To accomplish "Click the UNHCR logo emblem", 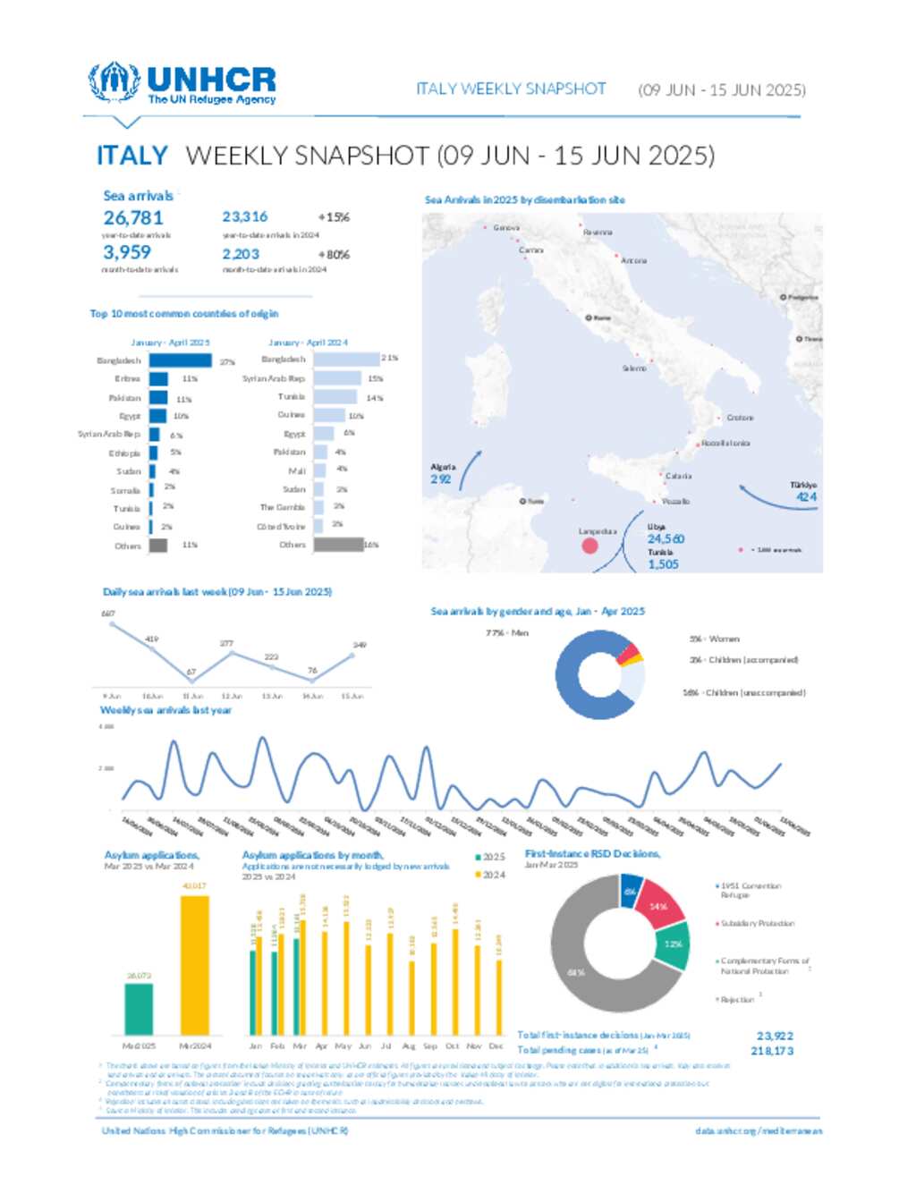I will click(x=114, y=82).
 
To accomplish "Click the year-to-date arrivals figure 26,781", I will click(x=133, y=218).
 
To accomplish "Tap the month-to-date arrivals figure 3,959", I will click(x=127, y=253).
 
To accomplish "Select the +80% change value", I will click(x=334, y=255).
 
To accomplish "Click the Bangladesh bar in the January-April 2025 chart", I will click(x=180, y=360).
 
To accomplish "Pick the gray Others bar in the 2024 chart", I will click(x=338, y=545).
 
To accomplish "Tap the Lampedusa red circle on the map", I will click(x=589, y=545).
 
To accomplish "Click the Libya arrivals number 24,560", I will click(x=666, y=539).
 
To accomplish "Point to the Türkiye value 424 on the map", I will click(x=806, y=497).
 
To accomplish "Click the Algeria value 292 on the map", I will click(x=440, y=479).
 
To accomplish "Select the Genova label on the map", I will click(x=505, y=228).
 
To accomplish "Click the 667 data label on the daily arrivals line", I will click(x=108, y=614).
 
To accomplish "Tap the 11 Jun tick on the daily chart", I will click(x=192, y=696).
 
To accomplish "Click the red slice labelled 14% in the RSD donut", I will click(x=659, y=905).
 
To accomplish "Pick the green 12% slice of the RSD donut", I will click(x=674, y=944).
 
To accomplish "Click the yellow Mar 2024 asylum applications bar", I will click(x=195, y=965).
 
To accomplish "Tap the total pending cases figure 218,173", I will click(x=772, y=1051).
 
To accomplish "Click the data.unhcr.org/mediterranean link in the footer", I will click(x=759, y=1131).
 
